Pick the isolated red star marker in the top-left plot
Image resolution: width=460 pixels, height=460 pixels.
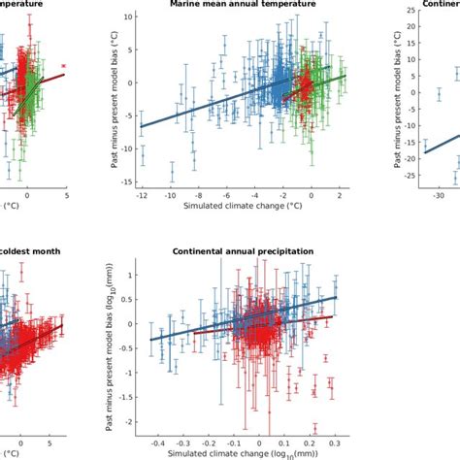click(64, 66)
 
